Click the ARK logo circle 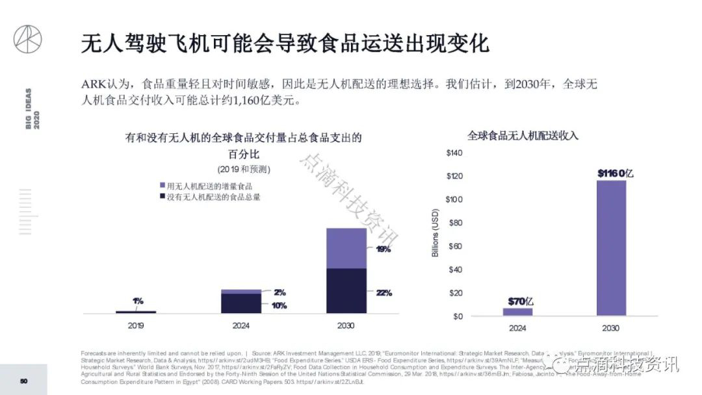point(27,39)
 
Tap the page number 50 point(24,381)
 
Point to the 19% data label point(383,249)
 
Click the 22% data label point(384,293)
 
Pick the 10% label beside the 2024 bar point(279,305)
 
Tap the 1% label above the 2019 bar point(138,301)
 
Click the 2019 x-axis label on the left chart point(136,325)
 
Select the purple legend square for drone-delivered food point(162,186)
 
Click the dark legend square point(162,197)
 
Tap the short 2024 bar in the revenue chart point(517,312)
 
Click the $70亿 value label point(521,301)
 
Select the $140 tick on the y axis point(454,153)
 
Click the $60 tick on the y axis point(456,246)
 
